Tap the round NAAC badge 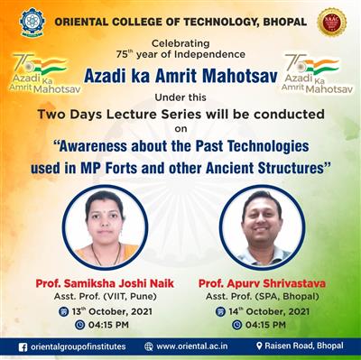click(332, 21)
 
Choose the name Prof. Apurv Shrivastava click(263, 283)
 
